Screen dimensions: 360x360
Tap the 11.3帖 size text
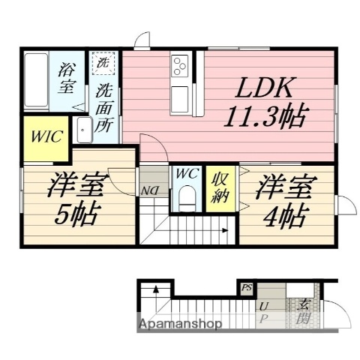[267, 117]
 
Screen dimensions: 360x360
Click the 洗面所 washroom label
[104, 108]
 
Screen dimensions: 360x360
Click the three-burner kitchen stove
[181, 66]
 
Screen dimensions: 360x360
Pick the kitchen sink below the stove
[181, 96]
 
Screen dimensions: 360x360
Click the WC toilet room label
[186, 174]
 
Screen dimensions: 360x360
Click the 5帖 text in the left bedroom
[73, 216]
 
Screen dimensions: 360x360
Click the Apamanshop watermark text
[180, 324]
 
